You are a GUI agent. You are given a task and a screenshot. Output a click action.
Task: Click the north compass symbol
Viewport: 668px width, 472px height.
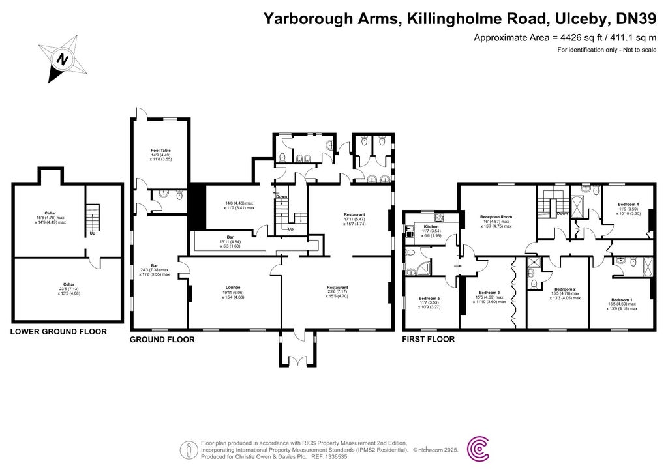click(x=63, y=59)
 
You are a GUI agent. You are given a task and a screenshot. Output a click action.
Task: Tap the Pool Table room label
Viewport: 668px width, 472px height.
click(x=160, y=151)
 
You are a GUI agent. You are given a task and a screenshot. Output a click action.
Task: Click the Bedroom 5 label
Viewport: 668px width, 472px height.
click(x=430, y=299)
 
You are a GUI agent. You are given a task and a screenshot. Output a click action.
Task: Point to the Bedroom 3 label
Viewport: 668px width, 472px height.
click(x=489, y=293)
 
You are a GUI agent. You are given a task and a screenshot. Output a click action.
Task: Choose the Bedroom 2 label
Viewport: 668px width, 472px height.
click(x=564, y=289)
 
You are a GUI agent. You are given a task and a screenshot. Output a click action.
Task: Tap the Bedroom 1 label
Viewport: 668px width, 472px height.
click(x=620, y=299)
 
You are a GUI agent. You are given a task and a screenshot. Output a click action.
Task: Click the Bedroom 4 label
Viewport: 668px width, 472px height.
click(x=628, y=205)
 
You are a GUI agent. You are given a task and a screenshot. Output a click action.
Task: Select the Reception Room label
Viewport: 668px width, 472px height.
click(x=496, y=216)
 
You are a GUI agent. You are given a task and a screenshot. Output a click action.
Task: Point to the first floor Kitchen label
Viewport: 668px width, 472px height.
click(x=431, y=226)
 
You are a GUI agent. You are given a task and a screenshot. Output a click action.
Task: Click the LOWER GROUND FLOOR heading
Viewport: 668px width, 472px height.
click(x=58, y=332)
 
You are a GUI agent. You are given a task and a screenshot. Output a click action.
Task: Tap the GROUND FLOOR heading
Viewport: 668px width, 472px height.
click(x=162, y=340)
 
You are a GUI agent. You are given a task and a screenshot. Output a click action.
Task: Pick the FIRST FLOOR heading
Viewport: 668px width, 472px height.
click(x=429, y=340)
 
